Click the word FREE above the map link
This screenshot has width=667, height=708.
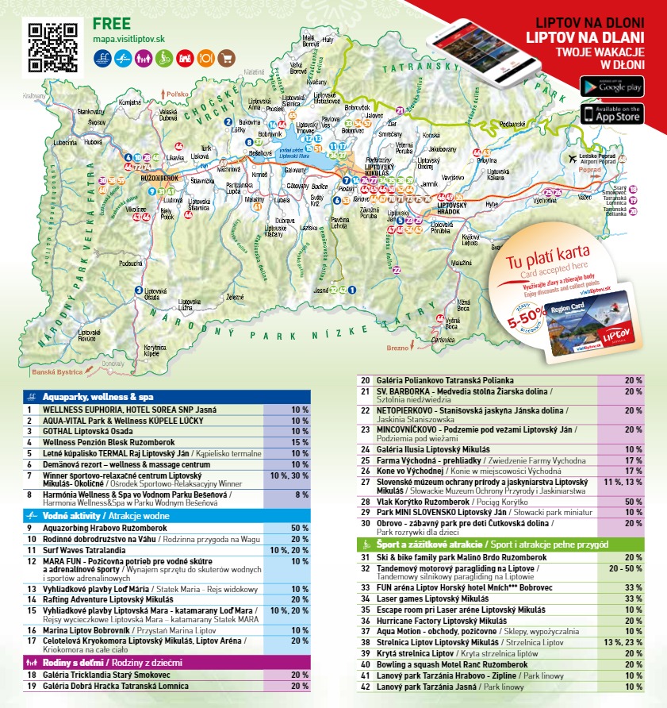[111, 22]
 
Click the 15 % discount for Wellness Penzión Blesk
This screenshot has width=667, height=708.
[300, 442]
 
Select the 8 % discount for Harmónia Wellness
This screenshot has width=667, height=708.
[300, 494]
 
